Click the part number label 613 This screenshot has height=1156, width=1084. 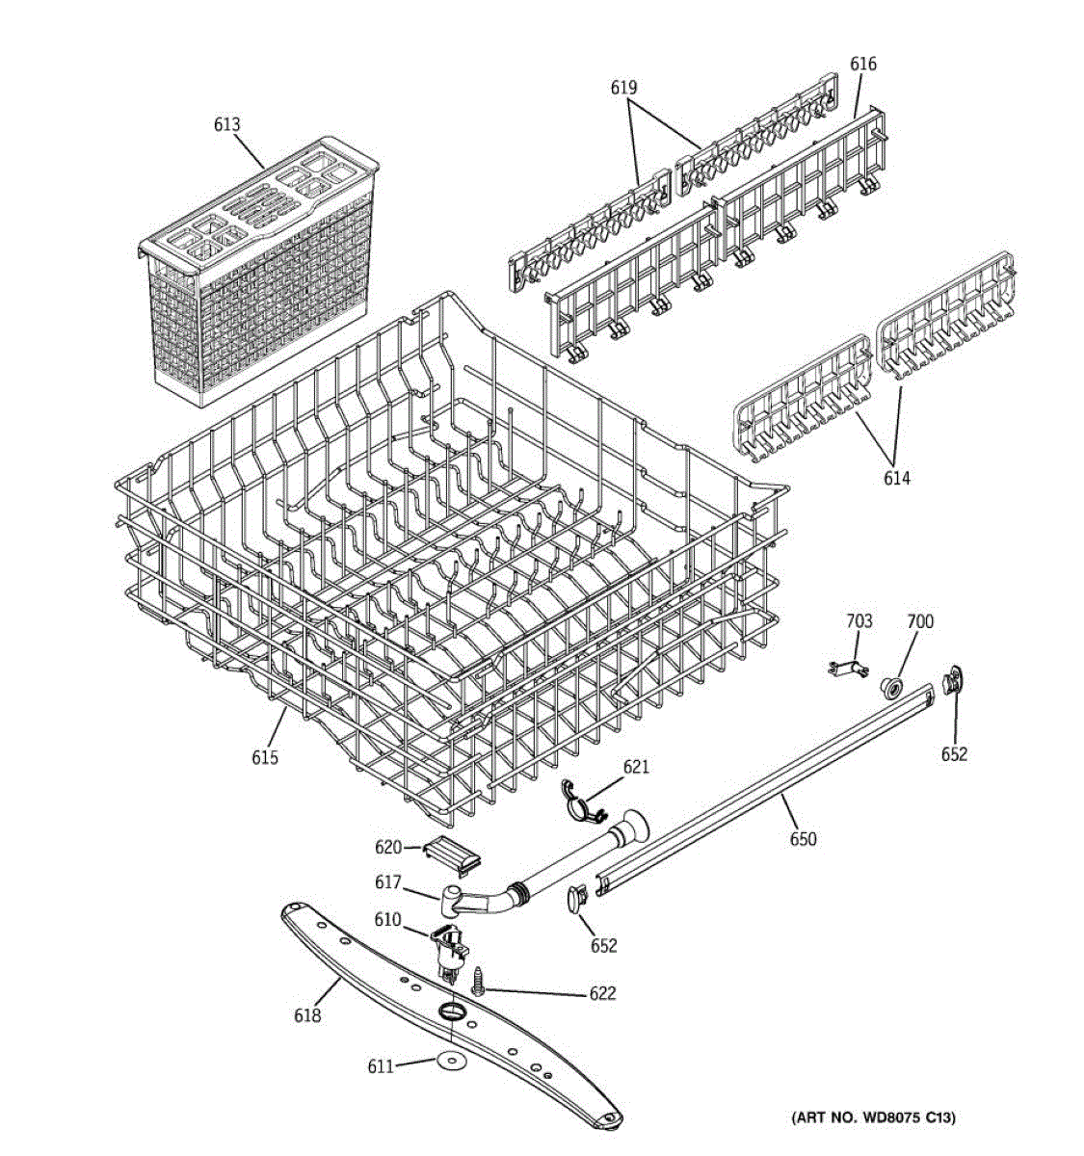tap(227, 124)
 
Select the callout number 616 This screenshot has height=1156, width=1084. tap(862, 64)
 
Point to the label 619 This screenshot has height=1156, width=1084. tap(623, 88)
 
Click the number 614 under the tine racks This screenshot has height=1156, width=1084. tap(896, 478)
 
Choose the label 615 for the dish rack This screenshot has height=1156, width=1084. tap(265, 757)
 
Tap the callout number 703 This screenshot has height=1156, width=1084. tap(859, 621)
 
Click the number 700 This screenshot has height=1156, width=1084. tap(920, 622)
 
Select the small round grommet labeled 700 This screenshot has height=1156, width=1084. tap(891, 686)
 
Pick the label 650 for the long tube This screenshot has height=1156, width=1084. tap(803, 839)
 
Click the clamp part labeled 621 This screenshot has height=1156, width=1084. tap(582, 803)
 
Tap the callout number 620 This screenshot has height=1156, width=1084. tap(388, 847)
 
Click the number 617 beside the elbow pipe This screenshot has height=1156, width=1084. tap(388, 882)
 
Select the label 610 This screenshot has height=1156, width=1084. tap(387, 920)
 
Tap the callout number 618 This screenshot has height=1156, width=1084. tap(307, 1014)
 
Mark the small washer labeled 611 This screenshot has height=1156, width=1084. tap(449, 1060)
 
